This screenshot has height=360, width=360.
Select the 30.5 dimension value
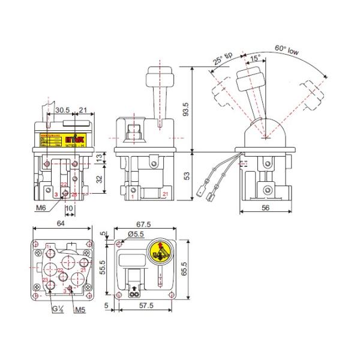tap(62, 111)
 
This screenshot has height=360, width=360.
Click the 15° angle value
tap(255, 59)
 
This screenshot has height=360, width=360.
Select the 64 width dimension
tap(60, 224)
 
